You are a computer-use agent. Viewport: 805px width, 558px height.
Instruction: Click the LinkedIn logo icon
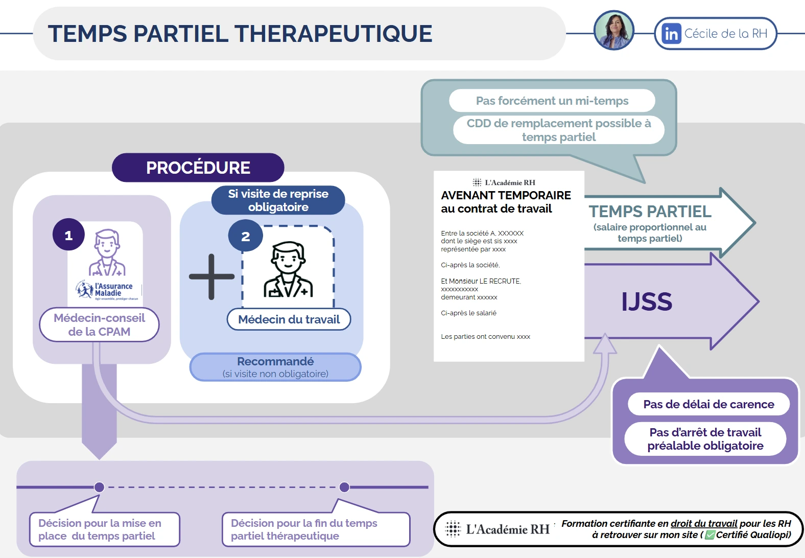pos(671,34)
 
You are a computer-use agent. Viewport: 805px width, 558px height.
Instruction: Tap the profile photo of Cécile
pos(614,31)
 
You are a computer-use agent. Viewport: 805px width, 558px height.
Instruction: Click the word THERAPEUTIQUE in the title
pos(334,34)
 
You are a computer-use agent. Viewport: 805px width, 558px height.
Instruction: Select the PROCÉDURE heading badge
pos(198,168)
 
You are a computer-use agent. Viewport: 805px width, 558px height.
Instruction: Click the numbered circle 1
pos(68,235)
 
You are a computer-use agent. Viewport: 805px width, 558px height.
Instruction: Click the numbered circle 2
pos(245,236)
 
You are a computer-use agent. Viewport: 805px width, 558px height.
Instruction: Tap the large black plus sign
pos(211,276)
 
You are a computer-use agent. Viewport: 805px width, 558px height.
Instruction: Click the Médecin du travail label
pos(289,319)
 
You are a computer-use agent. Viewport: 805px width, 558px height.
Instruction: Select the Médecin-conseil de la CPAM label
pos(99,325)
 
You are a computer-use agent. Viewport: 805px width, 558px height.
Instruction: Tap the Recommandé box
pos(275,367)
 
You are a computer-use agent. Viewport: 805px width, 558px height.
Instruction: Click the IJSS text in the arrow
pos(647,301)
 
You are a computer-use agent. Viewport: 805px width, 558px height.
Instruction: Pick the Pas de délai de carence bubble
pos(708,404)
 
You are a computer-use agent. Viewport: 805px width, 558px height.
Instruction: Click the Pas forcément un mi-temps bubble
pos(552,101)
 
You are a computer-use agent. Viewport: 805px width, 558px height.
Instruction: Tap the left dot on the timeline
pos(100,487)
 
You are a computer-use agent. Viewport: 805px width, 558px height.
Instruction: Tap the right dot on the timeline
pos(344,487)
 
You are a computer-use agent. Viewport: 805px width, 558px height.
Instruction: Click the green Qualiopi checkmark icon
pos(709,535)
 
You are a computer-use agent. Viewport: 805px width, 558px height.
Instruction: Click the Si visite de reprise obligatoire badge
pos(278,200)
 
